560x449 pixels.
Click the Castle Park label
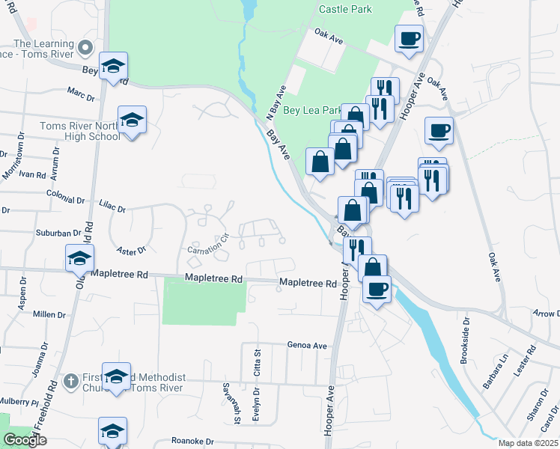coord(345,9)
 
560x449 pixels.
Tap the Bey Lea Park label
coord(312,110)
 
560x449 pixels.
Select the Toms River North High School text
coord(79,131)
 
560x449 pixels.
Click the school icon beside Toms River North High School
coord(132,120)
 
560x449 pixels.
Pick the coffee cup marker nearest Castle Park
coord(409,39)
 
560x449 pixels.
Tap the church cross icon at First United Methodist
coord(70,381)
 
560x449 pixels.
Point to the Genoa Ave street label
coord(307,346)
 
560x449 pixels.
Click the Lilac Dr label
coord(112,206)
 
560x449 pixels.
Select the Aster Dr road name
coord(131,248)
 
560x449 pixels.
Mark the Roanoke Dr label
coord(192,441)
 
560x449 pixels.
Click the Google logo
coord(25,440)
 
